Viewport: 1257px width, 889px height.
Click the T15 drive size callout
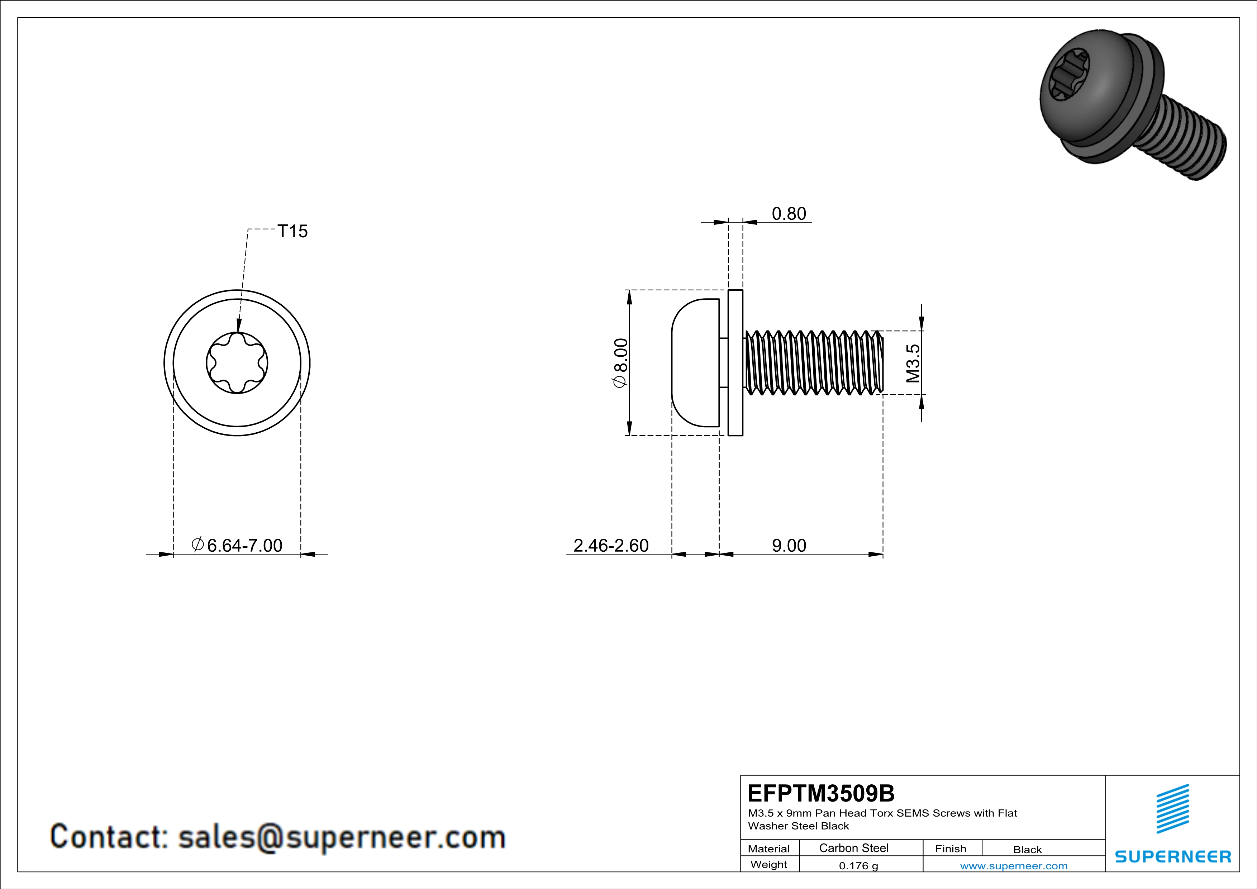[292, 232]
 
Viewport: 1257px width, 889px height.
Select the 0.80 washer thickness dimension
[789, 214]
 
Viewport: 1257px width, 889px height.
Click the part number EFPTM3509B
[821, 793]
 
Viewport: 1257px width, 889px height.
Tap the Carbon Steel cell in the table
[853, 848]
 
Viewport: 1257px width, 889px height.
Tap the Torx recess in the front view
[237, 363]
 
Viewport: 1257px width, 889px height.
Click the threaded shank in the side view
[814, 362]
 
